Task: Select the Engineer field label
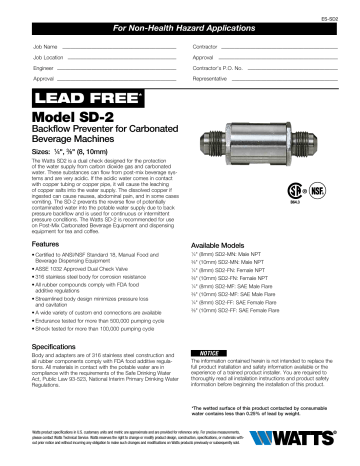45,65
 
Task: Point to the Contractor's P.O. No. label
221,65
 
